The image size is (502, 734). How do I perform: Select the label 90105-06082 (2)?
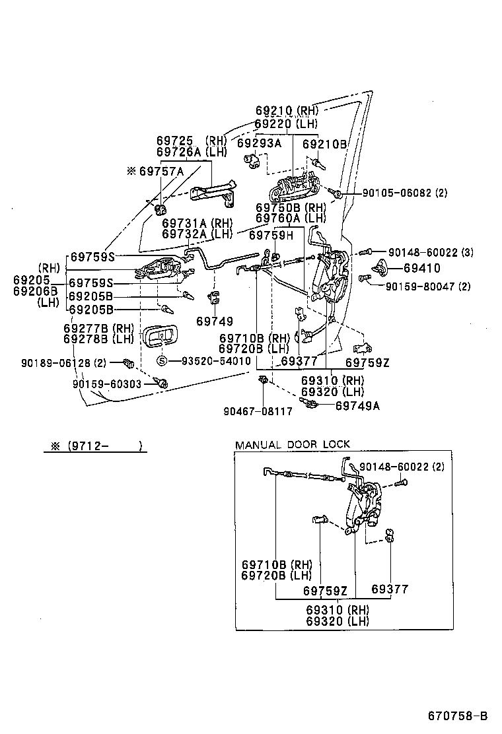click(x=404, y=193)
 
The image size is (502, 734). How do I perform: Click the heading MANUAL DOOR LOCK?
click(x=293, y=444)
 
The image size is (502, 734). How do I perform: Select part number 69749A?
click(x=357, y=406)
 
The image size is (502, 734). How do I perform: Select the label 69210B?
click(x=324, y=143)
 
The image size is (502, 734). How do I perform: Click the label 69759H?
click(x=273, y=235)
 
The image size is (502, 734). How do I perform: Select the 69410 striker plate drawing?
click(x=382, y=267)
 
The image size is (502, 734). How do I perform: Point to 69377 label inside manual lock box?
click(x=390, y=589)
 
